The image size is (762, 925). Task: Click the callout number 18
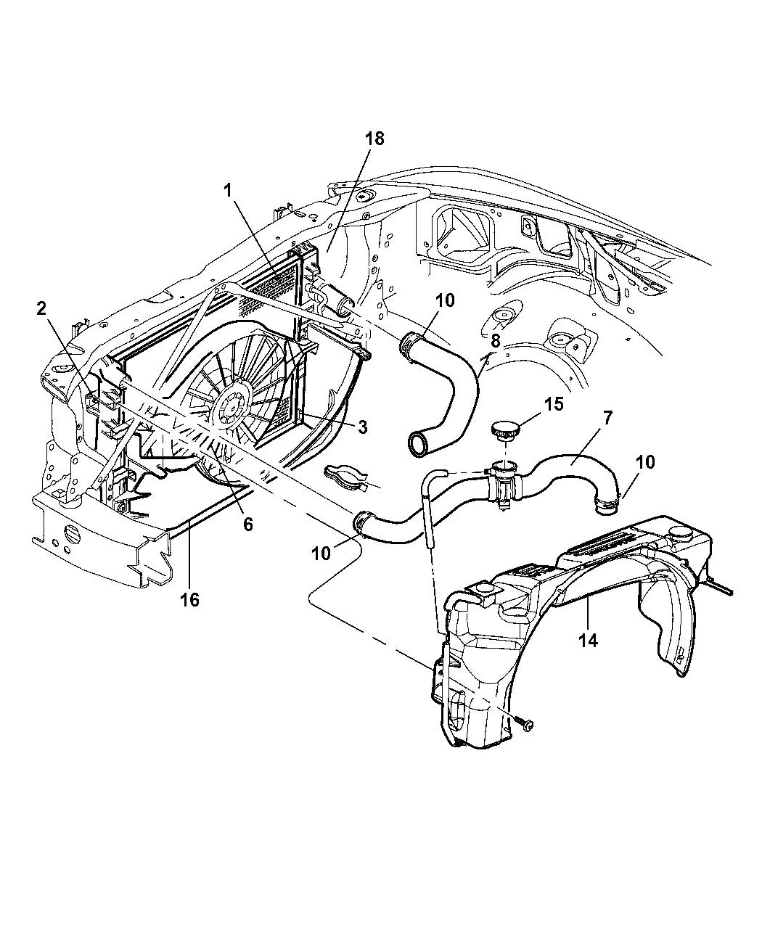(x=374, y=139)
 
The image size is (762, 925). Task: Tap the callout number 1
(x=228, y=191)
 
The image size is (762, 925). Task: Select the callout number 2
(x=41, y=309)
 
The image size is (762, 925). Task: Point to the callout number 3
(x=363, y=427)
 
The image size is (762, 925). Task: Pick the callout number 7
(x=607, y=418)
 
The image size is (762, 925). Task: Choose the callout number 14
(x=588, y=640)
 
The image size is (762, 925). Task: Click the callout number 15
(x=554, y=403)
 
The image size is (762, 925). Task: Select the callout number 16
(x=189, y=600)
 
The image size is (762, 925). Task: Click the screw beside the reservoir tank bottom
(x=525, y=724)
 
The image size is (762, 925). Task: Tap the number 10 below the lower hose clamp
(x=321, y=554)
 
